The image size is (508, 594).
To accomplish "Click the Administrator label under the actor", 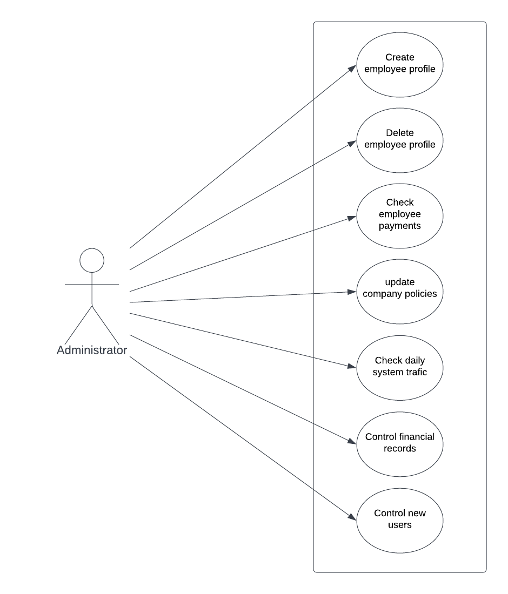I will pyautogui.click(x=92, y=350).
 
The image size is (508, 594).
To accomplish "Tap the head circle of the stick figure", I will pyautogui.click(x=92, y=260).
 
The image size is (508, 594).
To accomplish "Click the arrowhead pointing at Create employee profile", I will pyautogui.click(x=352, y=67).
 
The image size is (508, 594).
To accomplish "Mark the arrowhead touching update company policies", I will pyautogui.click(x=352, y=292).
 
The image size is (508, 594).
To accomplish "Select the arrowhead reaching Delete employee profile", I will pyautogui.click(x=352, y=143).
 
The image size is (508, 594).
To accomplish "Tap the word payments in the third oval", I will pyautogui.click(x=400, y=226).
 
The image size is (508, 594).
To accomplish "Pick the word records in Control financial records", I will pyautogui.click(x=400, y=448).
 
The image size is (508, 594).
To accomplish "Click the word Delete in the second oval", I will pyautogui.click(x=400, y=133).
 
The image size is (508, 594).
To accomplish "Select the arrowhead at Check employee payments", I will pyautogui.click(x=352, y=217).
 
